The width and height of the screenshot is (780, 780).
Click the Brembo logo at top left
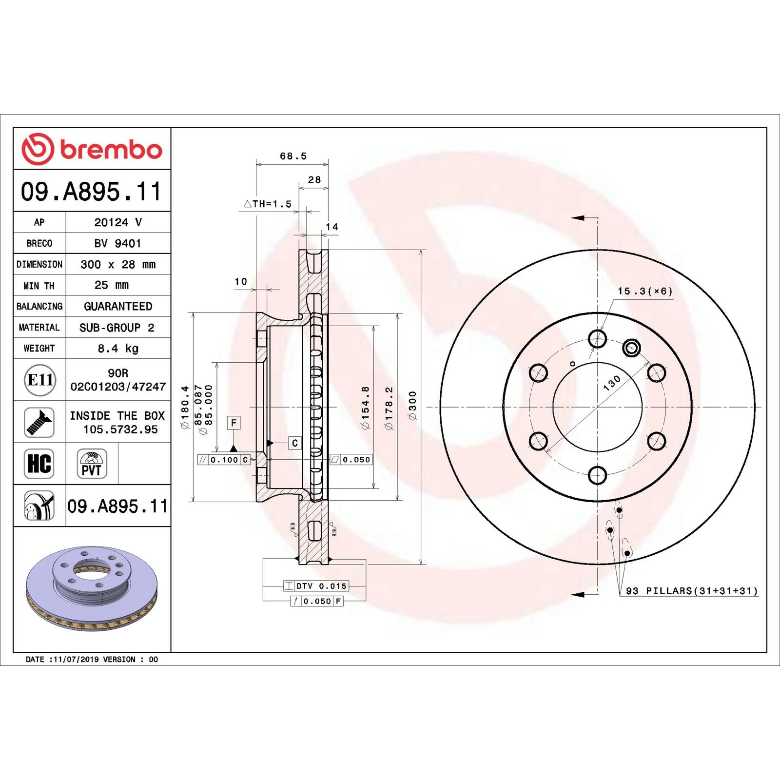[92, 149]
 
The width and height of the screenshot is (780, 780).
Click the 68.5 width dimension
[293, 156]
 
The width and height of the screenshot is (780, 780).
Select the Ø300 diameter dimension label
[413, 406]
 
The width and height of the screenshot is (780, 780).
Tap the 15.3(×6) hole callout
[644, 292]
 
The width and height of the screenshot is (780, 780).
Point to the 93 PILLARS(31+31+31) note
[692, 591]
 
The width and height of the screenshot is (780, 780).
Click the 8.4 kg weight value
[118, 348]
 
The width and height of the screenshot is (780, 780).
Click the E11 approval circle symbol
[40, 379]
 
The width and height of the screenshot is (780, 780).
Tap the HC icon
[39, 463]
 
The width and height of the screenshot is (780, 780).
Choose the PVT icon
[92, 464]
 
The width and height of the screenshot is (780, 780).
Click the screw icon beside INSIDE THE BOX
[39, 422]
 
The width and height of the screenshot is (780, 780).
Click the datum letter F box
[234, 423]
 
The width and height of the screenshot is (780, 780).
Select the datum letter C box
[294, 443]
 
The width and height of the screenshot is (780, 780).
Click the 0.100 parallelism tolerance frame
[224, 460]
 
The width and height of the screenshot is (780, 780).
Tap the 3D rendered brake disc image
[92, 588]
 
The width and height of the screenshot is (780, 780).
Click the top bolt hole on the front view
[597, 338]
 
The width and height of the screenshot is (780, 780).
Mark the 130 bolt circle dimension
[612, 383]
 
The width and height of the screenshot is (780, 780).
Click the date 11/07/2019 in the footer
[76, 660]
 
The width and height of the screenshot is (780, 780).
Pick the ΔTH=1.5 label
[268, 204]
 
